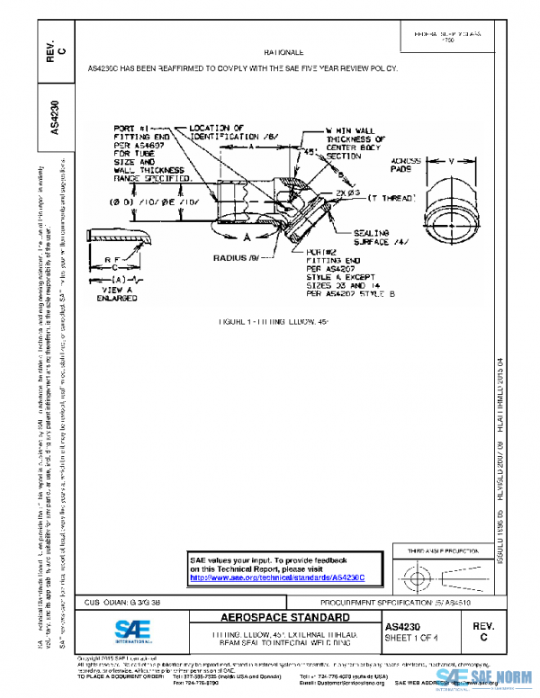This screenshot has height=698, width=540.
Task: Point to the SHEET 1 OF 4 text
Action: [410, 638]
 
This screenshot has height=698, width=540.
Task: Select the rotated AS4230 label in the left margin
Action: [55, 117]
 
